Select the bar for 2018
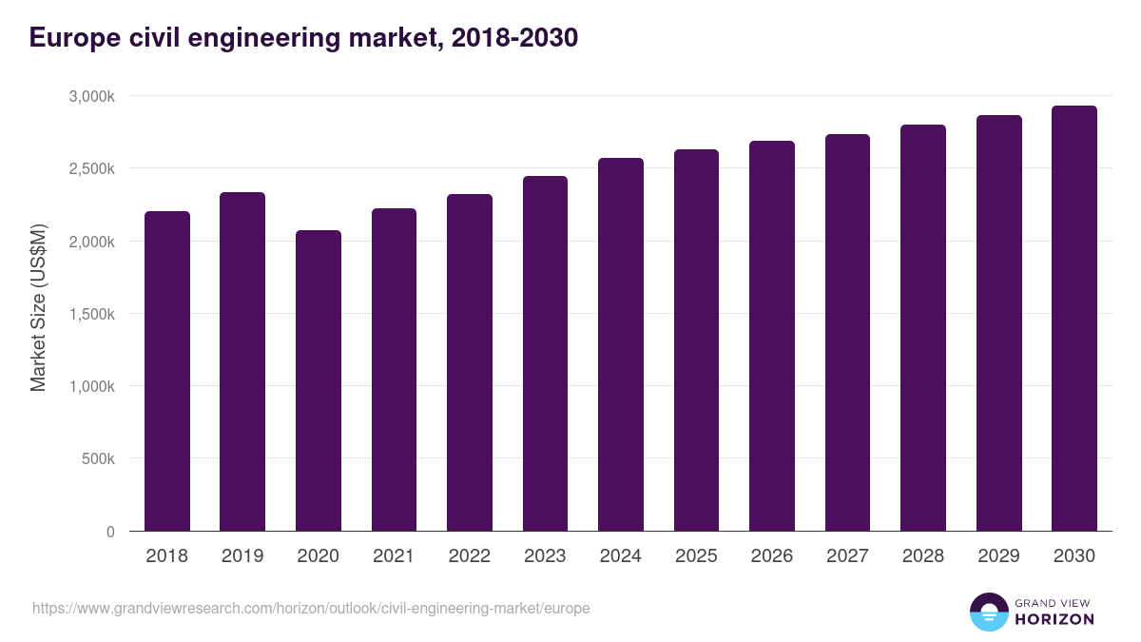[167, 371]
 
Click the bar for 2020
[319, 380]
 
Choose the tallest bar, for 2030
[1074, 319]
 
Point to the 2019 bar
[242, 361]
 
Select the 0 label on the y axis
[110, 532]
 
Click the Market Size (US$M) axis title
[38, 309]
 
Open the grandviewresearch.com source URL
[311, 608]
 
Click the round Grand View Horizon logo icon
[988, 612]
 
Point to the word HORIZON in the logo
[1054, 619]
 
